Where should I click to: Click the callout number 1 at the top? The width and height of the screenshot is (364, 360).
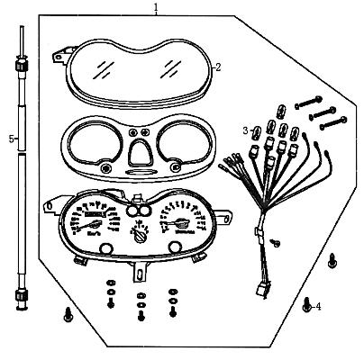tap(156, 7)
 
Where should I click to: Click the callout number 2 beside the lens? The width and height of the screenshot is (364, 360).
tap(217, 67)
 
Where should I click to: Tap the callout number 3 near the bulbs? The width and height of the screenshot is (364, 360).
tap(244, 130)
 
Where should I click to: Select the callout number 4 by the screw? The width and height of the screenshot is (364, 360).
tap(318, 307)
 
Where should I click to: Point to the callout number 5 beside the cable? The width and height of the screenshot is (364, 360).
tap(10, 139)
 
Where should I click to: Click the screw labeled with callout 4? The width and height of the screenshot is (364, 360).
tap(307, 306)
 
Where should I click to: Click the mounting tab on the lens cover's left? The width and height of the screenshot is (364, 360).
tap(59, 57)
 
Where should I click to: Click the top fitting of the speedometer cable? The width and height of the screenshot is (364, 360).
tap(20, 65)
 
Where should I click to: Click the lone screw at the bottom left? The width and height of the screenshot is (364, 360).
tap(68, 314)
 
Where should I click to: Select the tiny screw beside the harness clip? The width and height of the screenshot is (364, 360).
tap(276, 243)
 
